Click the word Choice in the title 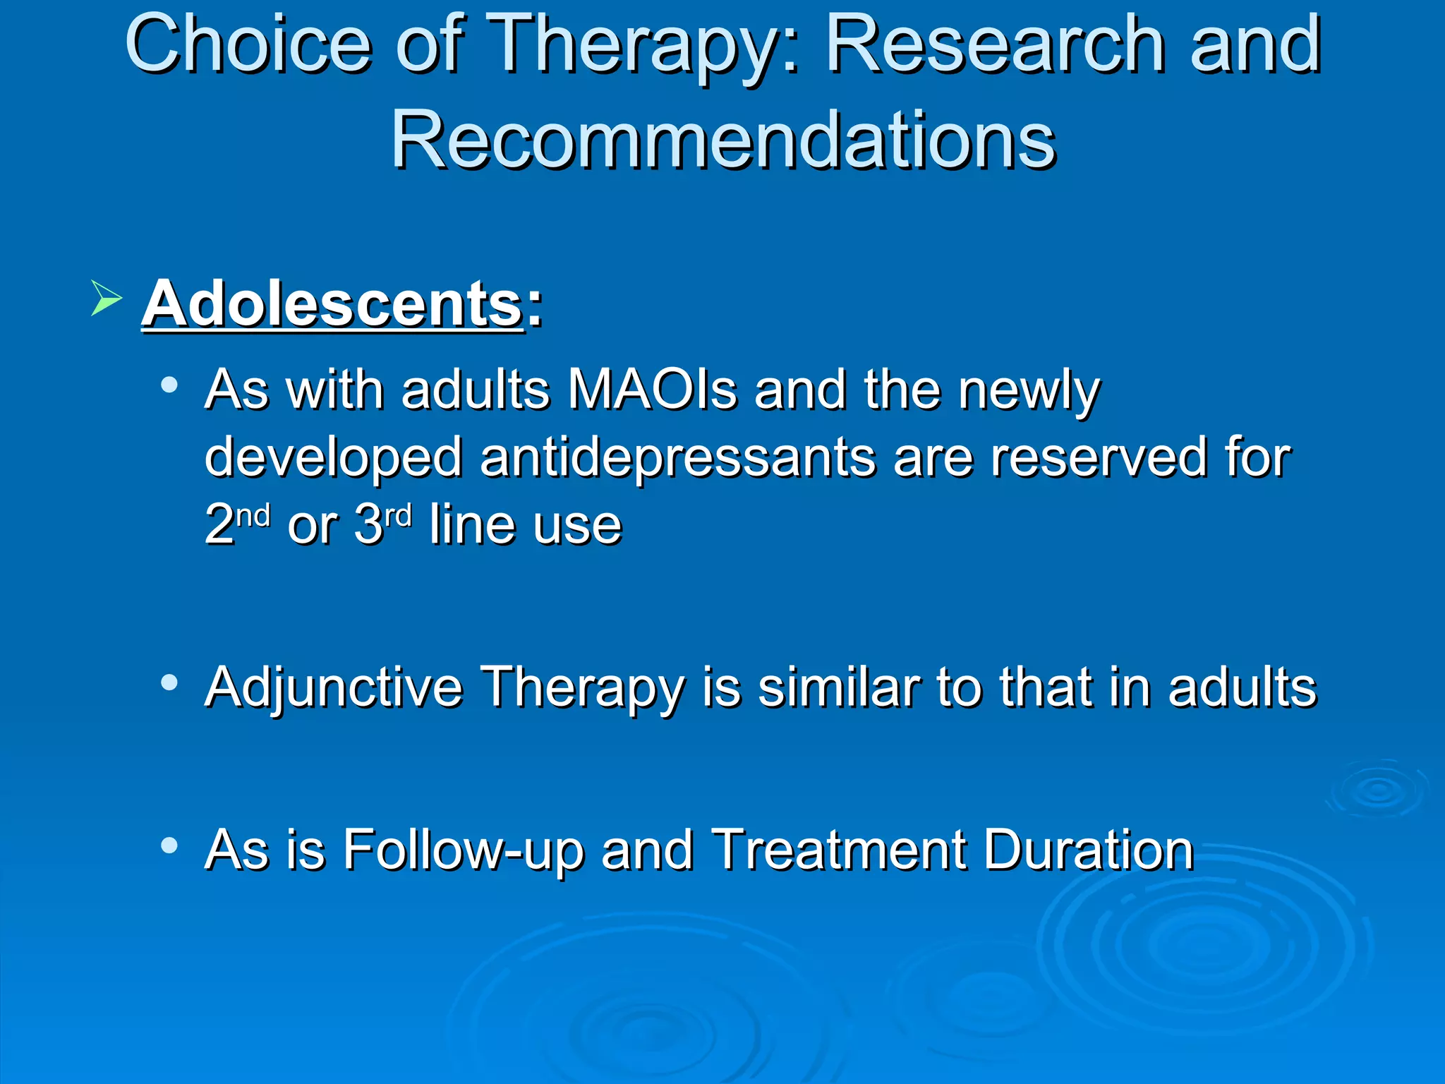click(248, 45)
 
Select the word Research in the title click(995, 45)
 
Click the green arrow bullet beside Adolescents click(106, 298)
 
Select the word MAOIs click(653, 390)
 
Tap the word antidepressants click(677, 457)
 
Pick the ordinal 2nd click(237, 524)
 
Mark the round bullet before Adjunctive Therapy click(169, 682)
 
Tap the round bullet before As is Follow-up click(169, 845)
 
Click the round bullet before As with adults click(169, 385)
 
